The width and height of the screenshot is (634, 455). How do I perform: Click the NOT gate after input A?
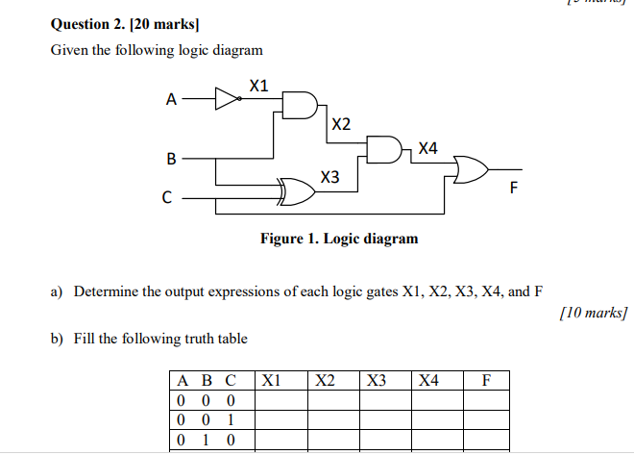click(x=228, y=98)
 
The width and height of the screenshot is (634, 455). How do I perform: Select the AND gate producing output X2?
click(x=299, y=105)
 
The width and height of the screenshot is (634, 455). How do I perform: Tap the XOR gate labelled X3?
click(x=295, y=191)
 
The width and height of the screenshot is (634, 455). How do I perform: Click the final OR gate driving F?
click(x=472, y=169)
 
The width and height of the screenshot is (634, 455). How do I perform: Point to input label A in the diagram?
click(x=171, y=99)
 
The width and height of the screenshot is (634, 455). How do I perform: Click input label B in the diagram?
click(x=171, y=156)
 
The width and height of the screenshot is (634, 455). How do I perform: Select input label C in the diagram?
click(x=167, y=199)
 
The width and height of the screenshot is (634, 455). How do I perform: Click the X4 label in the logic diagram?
click(x=427, y=148)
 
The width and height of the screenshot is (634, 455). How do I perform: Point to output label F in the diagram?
click(x=512, y=189)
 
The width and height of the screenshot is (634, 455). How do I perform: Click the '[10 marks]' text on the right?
click(x=593, y=314)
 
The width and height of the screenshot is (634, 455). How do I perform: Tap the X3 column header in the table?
click(x=377, y=380)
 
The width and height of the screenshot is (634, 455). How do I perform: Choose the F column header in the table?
click(x=486, y=380)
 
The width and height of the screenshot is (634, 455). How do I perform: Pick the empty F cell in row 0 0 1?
click(x=486, y=419)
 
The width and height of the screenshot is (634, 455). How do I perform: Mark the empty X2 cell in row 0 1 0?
click(x=331, y=441)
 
